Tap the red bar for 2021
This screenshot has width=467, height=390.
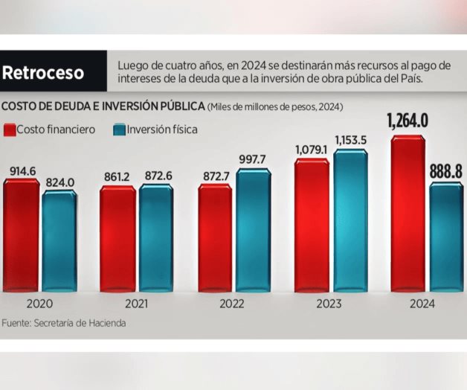[117, 239]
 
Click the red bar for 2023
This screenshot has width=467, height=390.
[312, 225]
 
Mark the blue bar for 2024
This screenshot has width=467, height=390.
[446, 237]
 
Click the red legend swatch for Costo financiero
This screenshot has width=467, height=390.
[10, 130]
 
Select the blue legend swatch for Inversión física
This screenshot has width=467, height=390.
[119, 130]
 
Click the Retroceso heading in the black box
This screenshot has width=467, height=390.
[42, 73]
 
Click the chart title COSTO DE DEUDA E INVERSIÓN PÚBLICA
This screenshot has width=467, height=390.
[103, 106]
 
